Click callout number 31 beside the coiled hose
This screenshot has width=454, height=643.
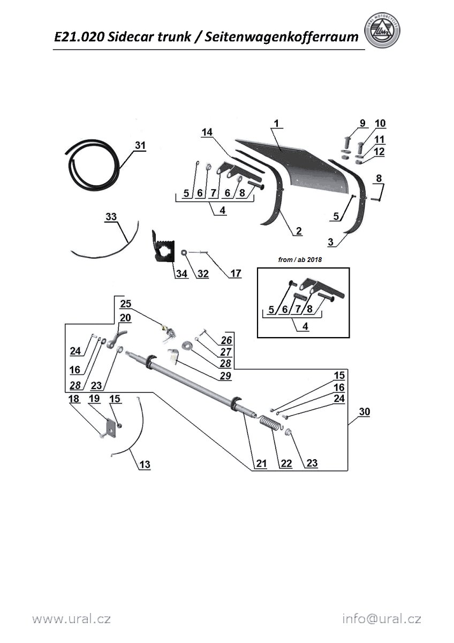pos(140,145)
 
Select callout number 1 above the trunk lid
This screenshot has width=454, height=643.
pos(276,124)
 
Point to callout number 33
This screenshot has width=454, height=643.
pos(111,216)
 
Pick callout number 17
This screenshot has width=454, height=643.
pos(236,274)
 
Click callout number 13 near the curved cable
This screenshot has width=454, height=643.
pos(145,464)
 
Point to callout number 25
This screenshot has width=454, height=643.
pos(125,304)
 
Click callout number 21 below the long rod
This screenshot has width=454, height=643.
pos(260,463)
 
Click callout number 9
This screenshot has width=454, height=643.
pos(362,123)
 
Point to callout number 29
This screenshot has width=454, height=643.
pos(225,376)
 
